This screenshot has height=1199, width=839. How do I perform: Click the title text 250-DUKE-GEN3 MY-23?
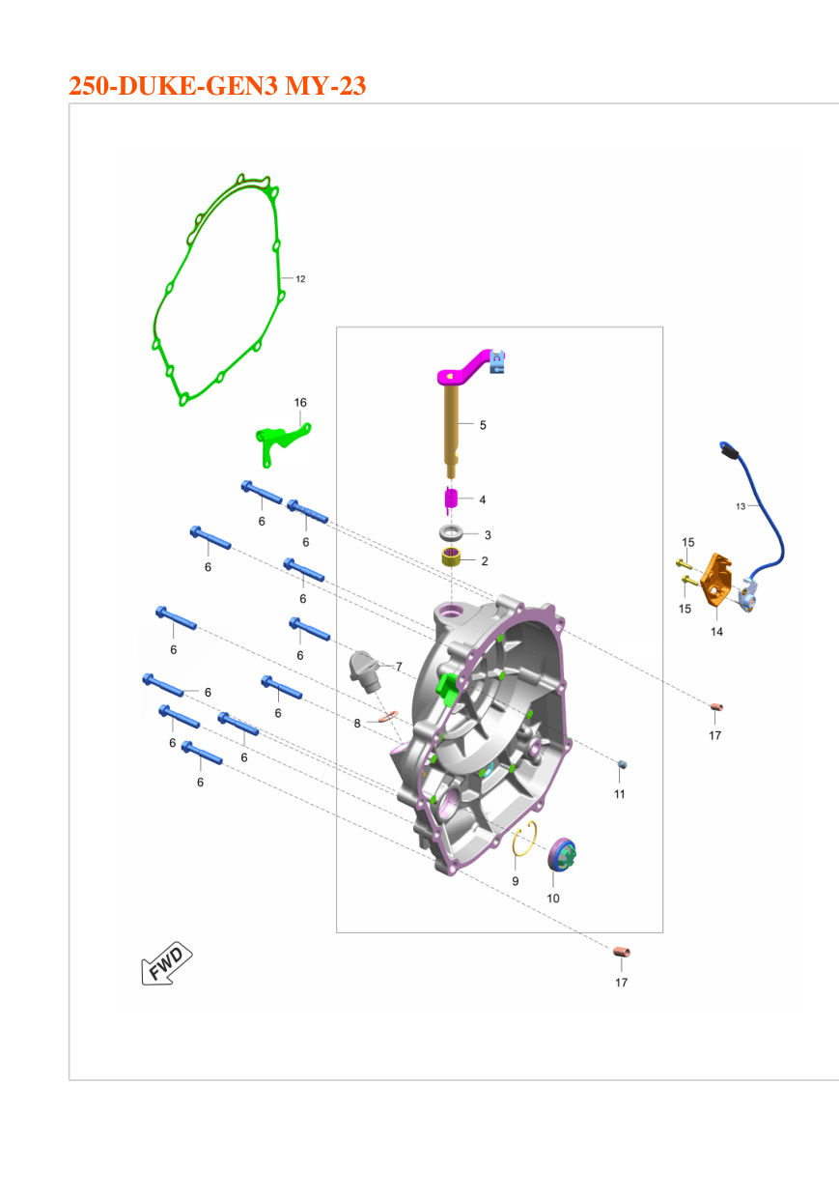pos(217,86)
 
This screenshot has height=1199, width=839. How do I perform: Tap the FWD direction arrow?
pos(166,963)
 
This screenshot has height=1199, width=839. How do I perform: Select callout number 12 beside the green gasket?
pos(300,279)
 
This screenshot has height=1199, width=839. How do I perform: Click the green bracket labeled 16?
pos(281,442)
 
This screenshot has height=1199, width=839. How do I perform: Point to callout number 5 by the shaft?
pos(483,425)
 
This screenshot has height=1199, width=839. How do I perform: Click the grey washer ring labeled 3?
pos(451,533)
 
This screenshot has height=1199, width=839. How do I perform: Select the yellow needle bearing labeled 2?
pos(451,557)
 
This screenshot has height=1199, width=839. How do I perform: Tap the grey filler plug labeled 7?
pos(365,672)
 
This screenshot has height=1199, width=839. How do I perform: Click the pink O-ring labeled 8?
pos(388,716)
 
